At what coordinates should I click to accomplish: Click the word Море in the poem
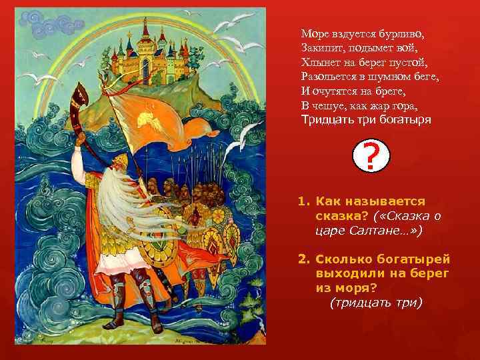point(313,33)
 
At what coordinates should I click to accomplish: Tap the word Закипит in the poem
point(321,47)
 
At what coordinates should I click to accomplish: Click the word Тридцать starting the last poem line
point(325,121)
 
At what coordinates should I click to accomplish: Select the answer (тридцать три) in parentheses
point(377,302)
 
